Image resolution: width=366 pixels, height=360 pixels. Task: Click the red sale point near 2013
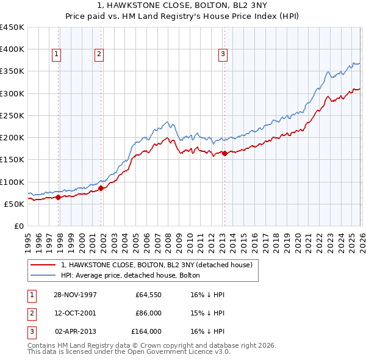(224, 153)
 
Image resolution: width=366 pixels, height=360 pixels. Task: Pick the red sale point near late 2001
(101, 188)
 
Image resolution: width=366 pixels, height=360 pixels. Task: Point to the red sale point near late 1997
(59, 197)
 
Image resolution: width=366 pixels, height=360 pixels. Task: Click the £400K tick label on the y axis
(12, 49)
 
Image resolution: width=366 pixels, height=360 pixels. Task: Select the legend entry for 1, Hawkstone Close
(160, 265)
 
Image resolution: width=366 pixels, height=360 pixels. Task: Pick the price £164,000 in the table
(146, 331)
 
